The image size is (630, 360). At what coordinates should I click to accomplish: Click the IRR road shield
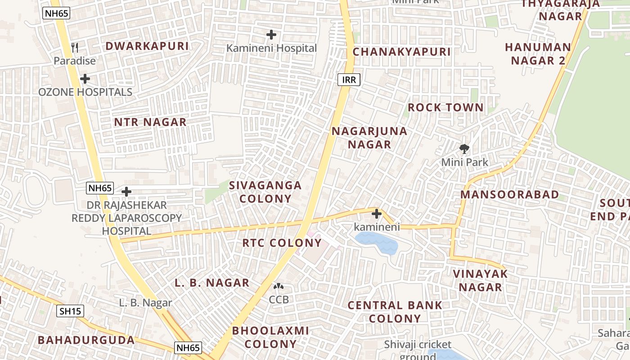click(x=349, y=80)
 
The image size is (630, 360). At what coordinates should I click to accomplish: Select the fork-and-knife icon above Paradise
click(x=75, y=48)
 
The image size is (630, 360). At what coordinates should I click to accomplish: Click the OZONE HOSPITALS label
click(x=85, y=92)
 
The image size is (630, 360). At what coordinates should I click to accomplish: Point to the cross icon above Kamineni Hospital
click(x=271, y=34)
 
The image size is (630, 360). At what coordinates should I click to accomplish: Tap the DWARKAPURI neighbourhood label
click(x=147, y=46)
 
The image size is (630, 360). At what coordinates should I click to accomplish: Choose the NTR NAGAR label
click(x=150, y=122)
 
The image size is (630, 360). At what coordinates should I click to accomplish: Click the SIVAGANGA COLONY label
click(x=265, y=192)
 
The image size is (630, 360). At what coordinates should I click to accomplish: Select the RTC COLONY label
click(x=282, y=243)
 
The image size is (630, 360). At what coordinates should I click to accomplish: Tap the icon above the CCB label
click(x=279, y=286)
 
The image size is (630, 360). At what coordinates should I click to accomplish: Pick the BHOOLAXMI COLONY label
click(x=270, y=337)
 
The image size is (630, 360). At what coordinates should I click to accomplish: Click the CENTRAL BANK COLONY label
click(x=395, y=312)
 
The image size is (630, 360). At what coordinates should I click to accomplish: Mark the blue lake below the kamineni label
click(x=377, y=243)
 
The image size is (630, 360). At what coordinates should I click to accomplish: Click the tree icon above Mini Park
click(x=464, y=148)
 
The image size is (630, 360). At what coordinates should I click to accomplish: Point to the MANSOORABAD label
click(x=509, y=195)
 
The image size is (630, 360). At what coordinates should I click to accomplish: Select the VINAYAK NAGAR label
click(x=480, y=280)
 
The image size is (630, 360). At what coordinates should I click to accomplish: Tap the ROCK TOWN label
click(x=445, y=108)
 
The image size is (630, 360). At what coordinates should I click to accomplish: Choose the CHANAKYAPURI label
click(x=401, y=52)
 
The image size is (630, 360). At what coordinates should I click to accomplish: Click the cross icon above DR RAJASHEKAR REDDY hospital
click(x=126, y=192)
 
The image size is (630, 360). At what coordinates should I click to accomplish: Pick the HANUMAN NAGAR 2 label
click(x=538, y=54)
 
